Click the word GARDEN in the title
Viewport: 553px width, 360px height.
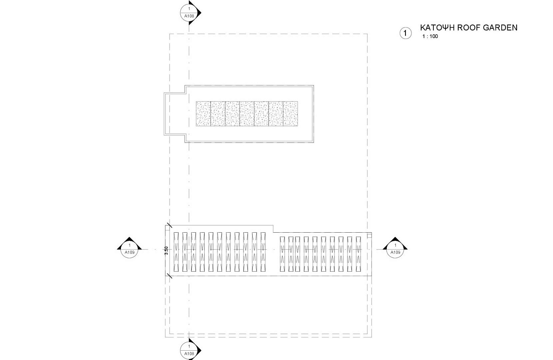[x=500, y=27]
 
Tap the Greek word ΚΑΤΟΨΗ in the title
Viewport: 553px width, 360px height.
[x=437, y=27]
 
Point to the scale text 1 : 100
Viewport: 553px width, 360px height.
[x=430, y=36]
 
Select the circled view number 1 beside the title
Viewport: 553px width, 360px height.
[x=405, y=33]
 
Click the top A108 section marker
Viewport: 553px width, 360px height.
[x=190, y=12]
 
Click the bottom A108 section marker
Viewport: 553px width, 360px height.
[x=190, y=350]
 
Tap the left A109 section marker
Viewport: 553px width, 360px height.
[x=129, y=248]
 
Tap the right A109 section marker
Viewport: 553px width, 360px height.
[x=395, y=248]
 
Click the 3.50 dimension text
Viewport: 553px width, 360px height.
[x=167, y=250]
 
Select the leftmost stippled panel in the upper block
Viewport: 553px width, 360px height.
[x=203, y=114]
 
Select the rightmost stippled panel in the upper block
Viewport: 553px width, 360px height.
[x=290, y=114]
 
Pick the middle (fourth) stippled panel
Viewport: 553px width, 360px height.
[x=247, y=114]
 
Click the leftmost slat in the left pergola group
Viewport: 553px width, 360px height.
[x=176, y=252]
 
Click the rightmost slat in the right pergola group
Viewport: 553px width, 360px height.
[x=359, y=254]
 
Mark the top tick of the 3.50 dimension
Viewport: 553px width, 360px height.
[x=169, y=225]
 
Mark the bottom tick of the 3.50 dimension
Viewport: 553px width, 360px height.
[x=169, y=276]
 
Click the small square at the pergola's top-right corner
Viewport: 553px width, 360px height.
[x=370, y=236]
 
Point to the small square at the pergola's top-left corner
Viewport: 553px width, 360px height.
[x=167, y=228]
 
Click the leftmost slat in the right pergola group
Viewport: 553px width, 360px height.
[x=282, y=254]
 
